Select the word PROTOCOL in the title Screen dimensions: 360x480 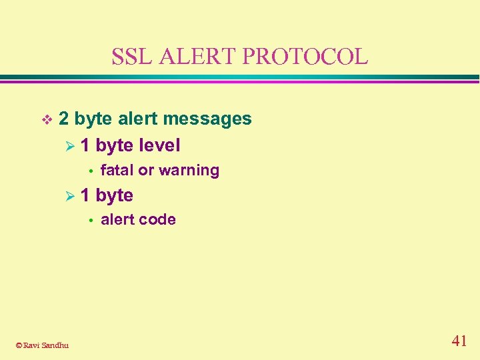pyautogui.click(x=305, y=56)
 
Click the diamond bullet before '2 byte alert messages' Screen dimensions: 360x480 pyautogui.click(x=46, y=120)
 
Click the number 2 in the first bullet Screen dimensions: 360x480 pyautogui.click(x=64, y=119)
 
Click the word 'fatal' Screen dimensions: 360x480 pyautogui.click(x=117, y=170)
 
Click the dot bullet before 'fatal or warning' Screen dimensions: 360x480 pyautogui.click(x=89, y=171)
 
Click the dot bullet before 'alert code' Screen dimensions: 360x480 pyautogui.click(x=89, y=220)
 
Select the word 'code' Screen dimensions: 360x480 pyautogui.click(x=159, y=219)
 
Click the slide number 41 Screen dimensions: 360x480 pyautogui.click(x=459, y=341)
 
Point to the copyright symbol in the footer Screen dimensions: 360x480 pyautogui.click(x=19, y=345)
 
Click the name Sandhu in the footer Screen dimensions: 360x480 pyautogui.click(x=55, y=345)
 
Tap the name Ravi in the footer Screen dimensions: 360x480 pyautogui.click(x=31, y=345)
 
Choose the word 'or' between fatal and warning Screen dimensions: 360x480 pyautogui.click(x=146, y=171)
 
